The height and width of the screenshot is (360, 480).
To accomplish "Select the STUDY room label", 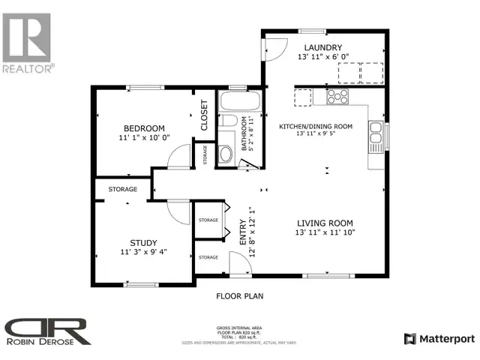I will point(143,241).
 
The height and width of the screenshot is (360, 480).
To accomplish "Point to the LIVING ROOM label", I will point(325,223).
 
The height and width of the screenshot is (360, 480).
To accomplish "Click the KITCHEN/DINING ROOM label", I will point(315,127).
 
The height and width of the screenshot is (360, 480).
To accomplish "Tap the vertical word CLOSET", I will point(203,116).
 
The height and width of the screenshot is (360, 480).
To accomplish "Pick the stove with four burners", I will point(337,96).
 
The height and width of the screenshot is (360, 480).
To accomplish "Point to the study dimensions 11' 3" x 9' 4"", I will point(143,252).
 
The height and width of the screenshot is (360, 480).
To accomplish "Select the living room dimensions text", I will point(325,233).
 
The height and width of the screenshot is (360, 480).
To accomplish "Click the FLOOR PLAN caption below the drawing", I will point(240,296).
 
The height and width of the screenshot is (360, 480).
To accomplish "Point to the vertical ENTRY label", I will point(242,230).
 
